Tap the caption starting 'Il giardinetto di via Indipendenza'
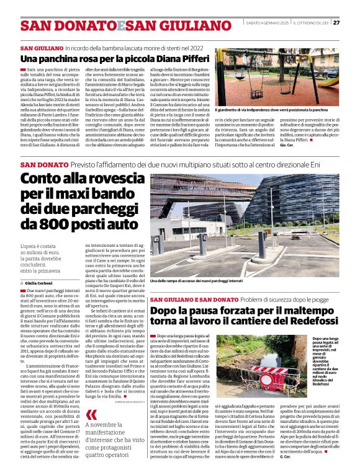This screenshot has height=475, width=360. point(276,109)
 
